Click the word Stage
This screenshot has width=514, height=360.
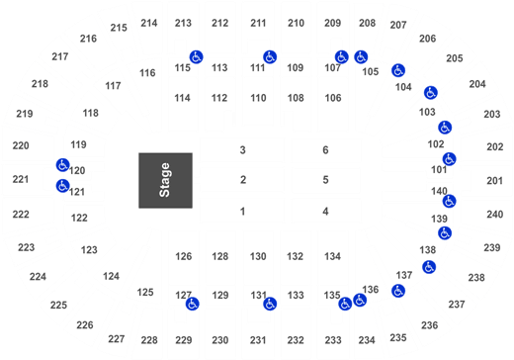coord(164,180)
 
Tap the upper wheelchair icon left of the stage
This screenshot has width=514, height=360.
coord(62,165)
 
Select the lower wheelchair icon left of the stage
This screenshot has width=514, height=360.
coord(62,185)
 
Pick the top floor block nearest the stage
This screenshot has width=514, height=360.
coord(242,149)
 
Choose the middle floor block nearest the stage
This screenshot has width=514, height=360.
coord(242,181)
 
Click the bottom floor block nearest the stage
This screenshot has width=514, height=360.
coord(242,210)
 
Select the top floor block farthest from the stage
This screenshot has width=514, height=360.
coord(326,149)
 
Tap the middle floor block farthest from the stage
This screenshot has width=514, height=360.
coord(326,181)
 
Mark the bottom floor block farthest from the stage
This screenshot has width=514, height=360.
coord(326,210)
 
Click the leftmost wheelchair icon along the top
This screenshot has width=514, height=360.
coord(196,57)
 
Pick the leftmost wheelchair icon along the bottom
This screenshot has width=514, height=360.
coord(192,303)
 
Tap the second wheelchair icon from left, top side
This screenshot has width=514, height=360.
coord(270,56)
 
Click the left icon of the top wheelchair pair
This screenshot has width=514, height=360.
coord(342,57)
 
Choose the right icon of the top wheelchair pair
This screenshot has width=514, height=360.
coord(361,57)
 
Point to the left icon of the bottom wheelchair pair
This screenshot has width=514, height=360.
coord(344,303)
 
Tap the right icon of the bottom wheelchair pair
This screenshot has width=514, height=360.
coord(360,299)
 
